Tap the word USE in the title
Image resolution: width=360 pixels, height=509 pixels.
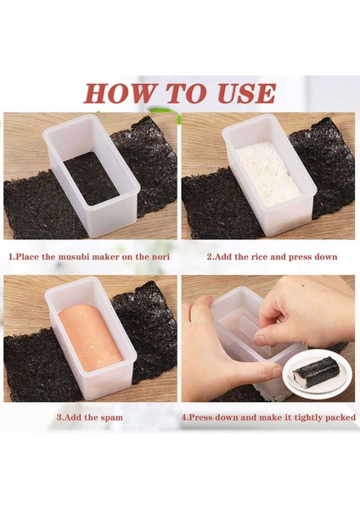pos(241,93)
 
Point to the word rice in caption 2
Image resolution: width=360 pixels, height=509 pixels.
pos(256,256)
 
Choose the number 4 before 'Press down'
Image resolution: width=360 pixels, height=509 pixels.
pos(184,417)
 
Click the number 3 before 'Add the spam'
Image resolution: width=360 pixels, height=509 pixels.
pos(59,417)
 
